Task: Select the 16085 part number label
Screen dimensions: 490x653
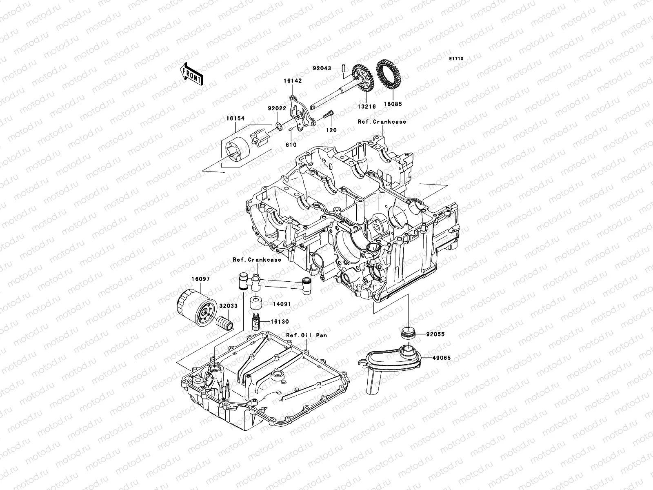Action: pyautogui.click(x=392, y=104)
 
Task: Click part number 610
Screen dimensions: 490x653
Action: pyautogui.click(x=291, y=145)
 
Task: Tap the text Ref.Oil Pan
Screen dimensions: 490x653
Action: pyautogui.click(x=306, y=335)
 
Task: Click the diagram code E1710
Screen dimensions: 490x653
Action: pyautogui.click(x=456, y=59)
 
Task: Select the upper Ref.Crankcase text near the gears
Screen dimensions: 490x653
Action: pyautogui.click(x=382, y=122)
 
